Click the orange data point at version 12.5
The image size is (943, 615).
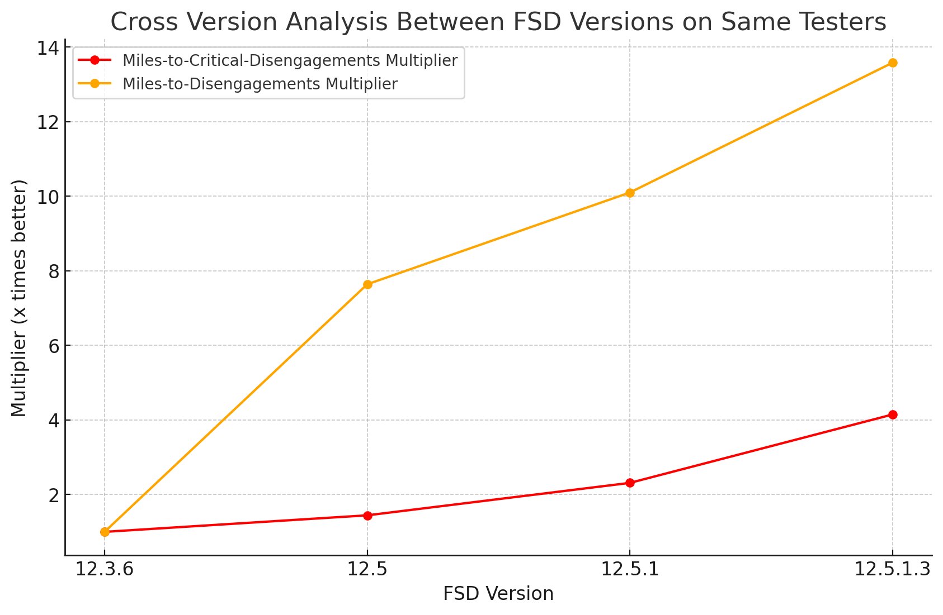point(367,284)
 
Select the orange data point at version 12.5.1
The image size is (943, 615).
point(630,193)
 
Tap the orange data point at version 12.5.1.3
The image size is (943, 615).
point(893,63)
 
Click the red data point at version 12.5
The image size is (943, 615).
point(367,516)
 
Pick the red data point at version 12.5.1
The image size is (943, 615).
point(630,483)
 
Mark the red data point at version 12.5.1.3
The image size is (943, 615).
point(893,414)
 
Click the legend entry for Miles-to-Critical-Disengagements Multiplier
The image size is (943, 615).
point(290,60)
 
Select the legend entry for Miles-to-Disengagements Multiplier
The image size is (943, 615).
point(260,84)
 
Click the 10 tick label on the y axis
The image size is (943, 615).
point(48,197)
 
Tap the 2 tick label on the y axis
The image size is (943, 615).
point(54,495)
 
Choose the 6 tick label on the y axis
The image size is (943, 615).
point(54,346)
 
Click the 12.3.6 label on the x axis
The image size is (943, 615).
point(105,569)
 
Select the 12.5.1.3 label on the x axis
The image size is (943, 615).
point(892,569)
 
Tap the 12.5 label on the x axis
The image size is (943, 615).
point(367,569)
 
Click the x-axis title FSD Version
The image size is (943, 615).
point(498,594)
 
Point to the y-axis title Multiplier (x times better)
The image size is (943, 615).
point(19,298)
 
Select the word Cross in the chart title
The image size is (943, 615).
point(138,22)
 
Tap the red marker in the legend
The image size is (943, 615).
point(95,60)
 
